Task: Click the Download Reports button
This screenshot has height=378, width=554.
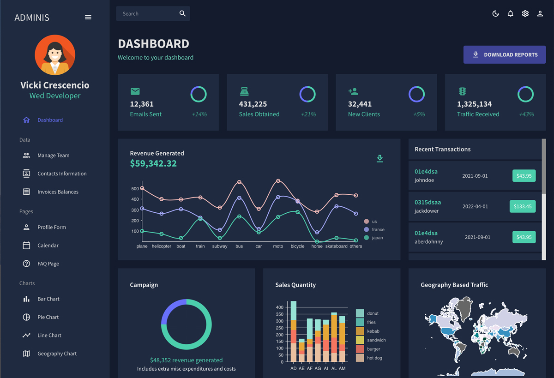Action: (x=504, y=54)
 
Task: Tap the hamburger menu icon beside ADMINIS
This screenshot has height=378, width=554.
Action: (x=88, y=18)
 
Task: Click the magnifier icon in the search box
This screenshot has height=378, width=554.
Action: (x=182, y=14)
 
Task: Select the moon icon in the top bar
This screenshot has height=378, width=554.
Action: (x=496, y=14)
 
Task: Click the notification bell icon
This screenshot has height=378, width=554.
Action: (x=511, y=14)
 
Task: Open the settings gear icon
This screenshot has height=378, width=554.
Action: (x=525, y=14)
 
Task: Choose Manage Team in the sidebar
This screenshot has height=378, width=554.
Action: (x=53, y=156)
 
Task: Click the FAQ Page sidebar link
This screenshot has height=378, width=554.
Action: (x=48, y=264)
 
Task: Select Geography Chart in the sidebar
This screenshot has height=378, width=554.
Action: (x=57, y=354)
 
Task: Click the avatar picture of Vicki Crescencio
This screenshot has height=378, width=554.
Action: (x=55, y=55)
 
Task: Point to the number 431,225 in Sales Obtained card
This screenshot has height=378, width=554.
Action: (x=253, y=104)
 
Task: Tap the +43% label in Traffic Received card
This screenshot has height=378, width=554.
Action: (x=526, y=114)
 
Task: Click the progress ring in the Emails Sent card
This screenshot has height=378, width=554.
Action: (x=199, y=94)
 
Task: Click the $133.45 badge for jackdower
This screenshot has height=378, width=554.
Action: (x=523, y=206)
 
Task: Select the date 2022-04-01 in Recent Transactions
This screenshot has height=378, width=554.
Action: (x=475, y=206)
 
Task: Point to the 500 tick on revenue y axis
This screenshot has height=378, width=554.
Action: (x=135, y=189)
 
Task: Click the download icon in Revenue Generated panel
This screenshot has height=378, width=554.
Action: (x=380, y=159)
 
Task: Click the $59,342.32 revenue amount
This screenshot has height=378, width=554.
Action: (x=153, y=164)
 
